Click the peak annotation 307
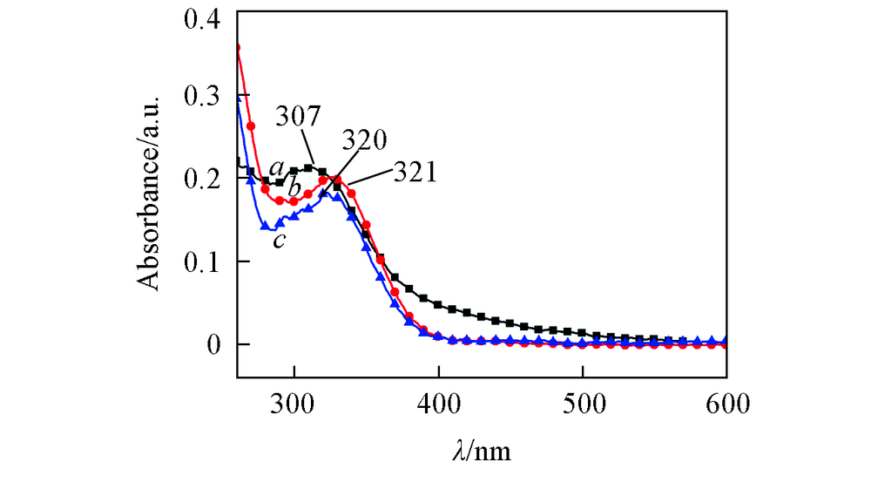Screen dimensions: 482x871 [x=299, y=117]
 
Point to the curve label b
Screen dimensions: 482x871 [x=294, y=187]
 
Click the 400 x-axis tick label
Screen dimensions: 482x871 [x=438, y=403]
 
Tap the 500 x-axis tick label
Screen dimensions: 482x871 [x=582, y=403]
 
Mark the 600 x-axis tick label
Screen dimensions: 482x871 [x=725, y=403]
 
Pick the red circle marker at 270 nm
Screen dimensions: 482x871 [x=251, y=126]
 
